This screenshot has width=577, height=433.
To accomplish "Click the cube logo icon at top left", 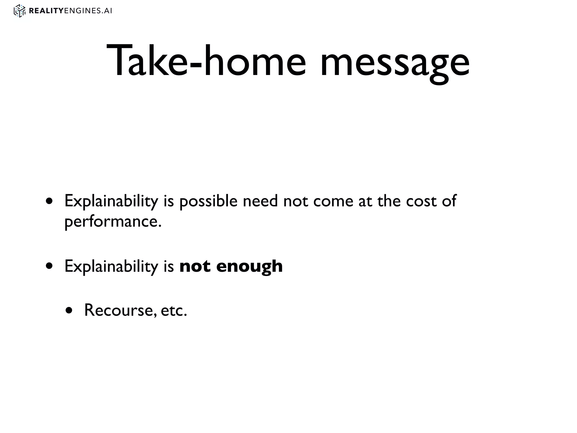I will click(x=19, y=11).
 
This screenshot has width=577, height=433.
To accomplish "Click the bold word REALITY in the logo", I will click(x=46, y=11).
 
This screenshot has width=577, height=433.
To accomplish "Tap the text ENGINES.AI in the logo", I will click(x=88, y=11).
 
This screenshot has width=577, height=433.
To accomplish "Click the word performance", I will click(x=113, y=222).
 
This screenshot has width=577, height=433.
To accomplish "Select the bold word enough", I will click(x=249, y=267).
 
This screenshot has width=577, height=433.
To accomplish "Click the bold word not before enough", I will click(x=195, y=266).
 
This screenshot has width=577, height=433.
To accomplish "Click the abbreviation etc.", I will click(x=174, y=311).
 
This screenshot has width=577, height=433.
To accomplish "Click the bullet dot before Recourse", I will click(x=69, y=311).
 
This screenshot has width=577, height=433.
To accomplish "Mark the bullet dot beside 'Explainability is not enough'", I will click(x=50, y=266).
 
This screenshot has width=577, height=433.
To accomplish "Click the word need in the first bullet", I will click(x=260, y=201).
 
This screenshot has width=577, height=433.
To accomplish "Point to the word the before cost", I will click(x=389, y=201).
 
